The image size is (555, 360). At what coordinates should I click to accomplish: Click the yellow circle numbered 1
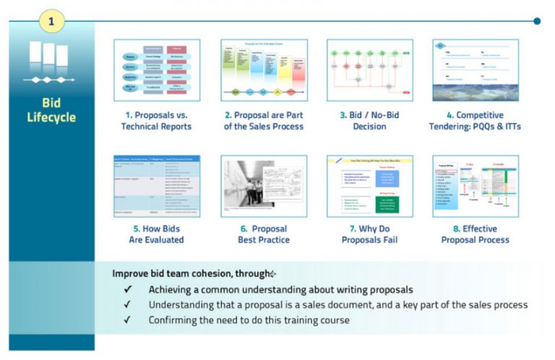click(51, 21)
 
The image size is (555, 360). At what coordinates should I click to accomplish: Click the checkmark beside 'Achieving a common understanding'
click(128, 289)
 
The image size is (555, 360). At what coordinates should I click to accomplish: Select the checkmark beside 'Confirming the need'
click(128, 320)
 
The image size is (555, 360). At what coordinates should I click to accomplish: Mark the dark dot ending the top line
click(536, 21)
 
